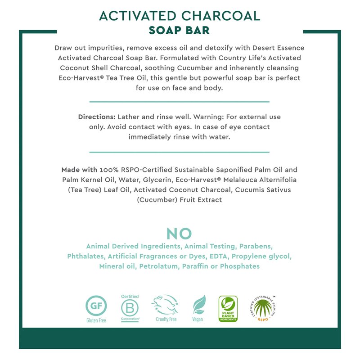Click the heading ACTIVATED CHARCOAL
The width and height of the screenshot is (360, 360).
click(180, 16)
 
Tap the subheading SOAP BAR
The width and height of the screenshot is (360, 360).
click(180, 31)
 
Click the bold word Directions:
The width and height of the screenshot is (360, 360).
click(97, 117)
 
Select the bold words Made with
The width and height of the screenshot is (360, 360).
click(79, 170)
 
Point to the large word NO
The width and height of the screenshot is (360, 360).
click(179, 234)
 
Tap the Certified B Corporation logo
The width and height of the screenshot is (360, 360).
click(130, 307)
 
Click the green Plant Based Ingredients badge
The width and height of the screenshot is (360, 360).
click(228, 308)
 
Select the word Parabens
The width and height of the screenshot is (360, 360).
click(258, 247)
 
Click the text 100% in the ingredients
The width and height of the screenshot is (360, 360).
click(109, 170)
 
